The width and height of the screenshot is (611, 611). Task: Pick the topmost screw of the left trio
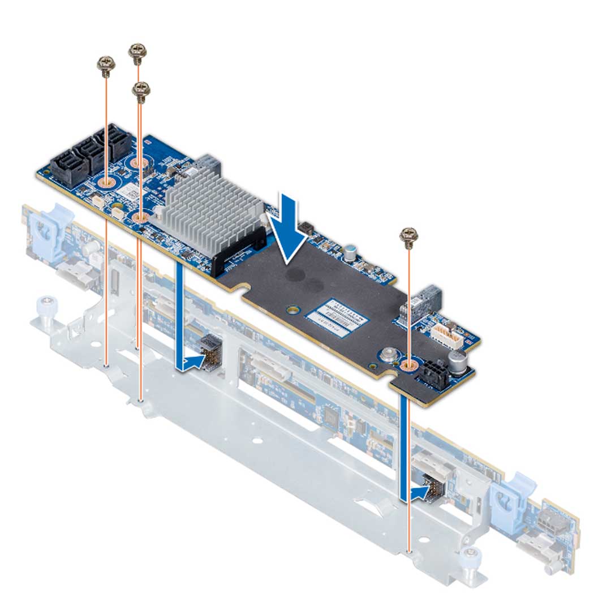click(x=137, y=53)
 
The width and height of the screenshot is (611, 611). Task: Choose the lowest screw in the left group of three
click(x=140, y=91)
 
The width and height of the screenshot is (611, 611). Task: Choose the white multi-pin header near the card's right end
click(x=445, y=334)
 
